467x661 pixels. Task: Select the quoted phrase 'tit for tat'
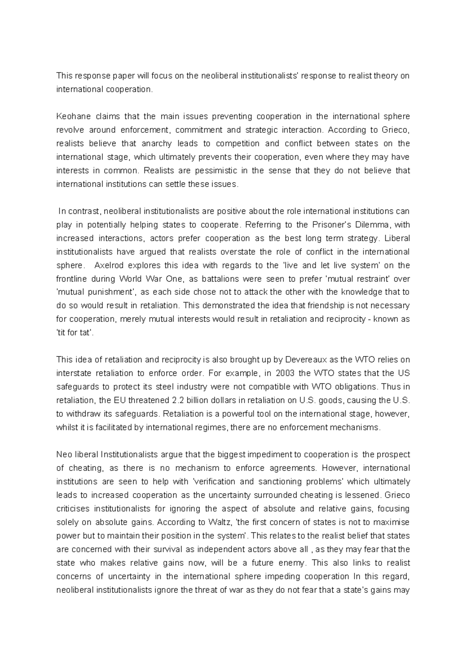[75, 333]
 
